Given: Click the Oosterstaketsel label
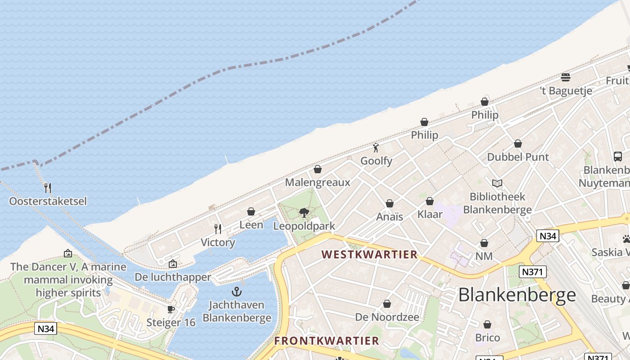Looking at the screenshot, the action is (48, 201).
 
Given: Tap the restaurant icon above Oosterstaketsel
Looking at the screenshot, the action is (48, 188).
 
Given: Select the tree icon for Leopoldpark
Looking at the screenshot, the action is (304, 212).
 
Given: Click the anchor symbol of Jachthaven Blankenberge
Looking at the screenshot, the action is (237, 292).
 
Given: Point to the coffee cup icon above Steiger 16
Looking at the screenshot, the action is (171, 309).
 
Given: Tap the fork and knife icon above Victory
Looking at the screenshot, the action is (218, 229).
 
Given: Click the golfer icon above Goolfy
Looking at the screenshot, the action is (376, 148).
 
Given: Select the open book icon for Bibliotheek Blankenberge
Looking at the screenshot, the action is (497, 184).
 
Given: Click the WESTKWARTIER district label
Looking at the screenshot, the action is (370, 255).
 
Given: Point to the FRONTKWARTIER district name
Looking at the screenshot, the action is (327, 341).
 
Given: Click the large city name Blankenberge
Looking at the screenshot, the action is (517, 295).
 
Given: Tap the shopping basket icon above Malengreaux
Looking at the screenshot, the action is (318, 169).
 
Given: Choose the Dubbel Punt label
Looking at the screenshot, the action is (518, 157).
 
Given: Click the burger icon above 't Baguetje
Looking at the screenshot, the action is (566, 77).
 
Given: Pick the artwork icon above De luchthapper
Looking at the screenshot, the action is (172, 264).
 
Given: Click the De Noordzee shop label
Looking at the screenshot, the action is (387, 317).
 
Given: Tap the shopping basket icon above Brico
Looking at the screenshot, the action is (487, 324).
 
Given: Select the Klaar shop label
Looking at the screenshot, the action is (430, 214).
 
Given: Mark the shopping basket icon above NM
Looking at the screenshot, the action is (484, 243).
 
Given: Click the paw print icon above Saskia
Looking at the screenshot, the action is (626, 239).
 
